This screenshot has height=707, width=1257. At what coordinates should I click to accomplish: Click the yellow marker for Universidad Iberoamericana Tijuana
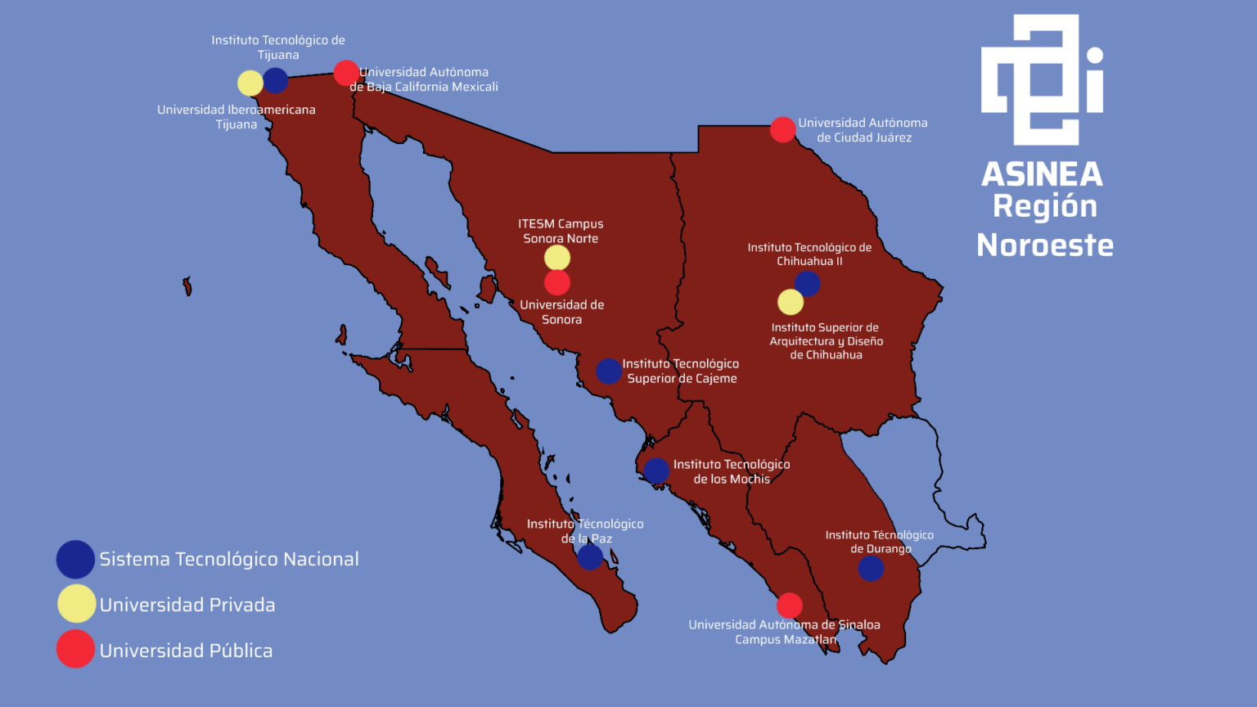250,83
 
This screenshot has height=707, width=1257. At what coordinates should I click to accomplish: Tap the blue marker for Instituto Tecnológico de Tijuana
276,80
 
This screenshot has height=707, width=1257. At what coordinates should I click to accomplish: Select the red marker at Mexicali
346,73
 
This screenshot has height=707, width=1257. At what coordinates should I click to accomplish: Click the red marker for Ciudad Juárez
783,129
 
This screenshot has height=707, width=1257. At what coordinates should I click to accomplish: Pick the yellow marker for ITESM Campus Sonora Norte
557,258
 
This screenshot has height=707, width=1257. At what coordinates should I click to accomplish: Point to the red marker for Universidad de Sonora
557,283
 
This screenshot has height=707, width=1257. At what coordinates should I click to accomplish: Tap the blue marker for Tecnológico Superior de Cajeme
609,371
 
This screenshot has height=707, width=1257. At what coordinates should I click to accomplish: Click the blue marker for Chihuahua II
808,284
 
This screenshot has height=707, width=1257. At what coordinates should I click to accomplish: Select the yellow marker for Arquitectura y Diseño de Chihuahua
791,302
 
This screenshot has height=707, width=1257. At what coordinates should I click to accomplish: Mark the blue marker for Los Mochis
656,471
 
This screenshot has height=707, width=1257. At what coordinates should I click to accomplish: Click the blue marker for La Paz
590,557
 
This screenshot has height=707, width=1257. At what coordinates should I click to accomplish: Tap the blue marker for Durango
871,568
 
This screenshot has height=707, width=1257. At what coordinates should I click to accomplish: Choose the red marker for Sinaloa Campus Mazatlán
790,606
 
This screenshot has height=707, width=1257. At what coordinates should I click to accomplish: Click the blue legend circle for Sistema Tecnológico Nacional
75,560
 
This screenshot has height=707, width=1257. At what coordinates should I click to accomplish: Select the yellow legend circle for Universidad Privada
76,604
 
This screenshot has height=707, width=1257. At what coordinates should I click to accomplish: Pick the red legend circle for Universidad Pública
75,649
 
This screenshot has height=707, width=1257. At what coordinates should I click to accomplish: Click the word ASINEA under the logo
1042,174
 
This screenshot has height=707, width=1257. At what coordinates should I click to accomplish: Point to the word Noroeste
1045,245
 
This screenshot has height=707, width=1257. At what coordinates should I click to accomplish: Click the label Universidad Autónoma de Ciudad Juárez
863,130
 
